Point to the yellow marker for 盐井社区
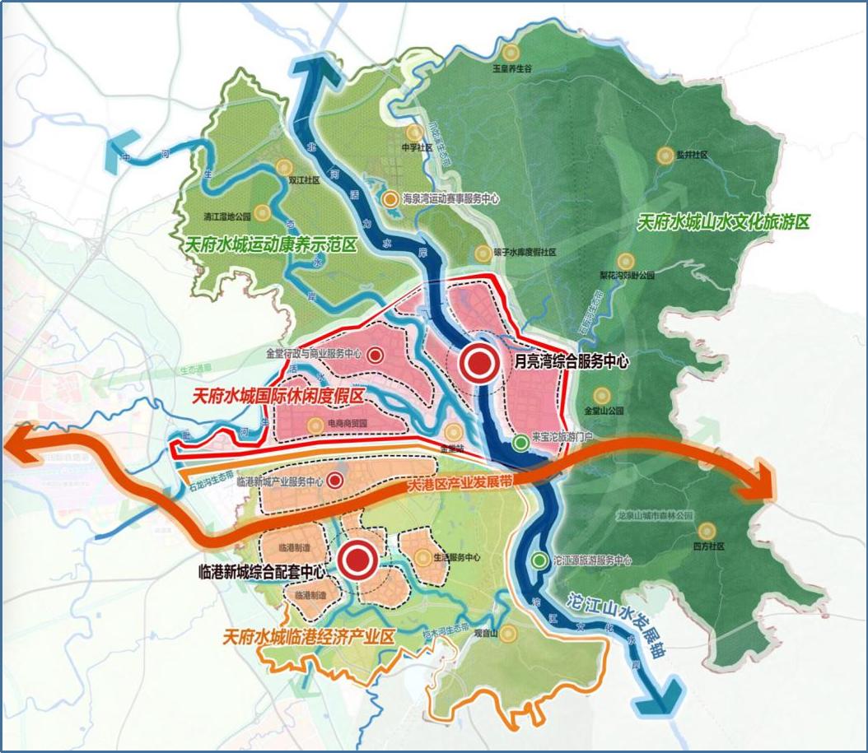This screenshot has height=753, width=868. pyautogui.click(x=665, y=155)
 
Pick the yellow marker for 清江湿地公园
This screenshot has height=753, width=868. pyautogui.click(x=262, y=212)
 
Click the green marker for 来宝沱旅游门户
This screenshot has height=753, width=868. pyautogui.click(x=520, y=443)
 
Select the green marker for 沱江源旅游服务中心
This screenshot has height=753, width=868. pyautogui.click(x=539, y=560)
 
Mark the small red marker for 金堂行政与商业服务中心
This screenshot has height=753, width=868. pyautogui.click(x=375, y=355)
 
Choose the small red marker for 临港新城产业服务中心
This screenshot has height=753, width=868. pyautogui.click(x=335, y=481)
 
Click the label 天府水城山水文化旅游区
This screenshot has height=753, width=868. pyautogui.click(x=726, y=222)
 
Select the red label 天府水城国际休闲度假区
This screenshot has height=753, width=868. pyautogui.click(x=277, y=397)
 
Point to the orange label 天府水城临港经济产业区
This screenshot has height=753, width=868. pyautogui.click(x=310, y=637)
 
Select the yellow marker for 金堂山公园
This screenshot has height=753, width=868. pyautogui.click(x=603, y=395)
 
